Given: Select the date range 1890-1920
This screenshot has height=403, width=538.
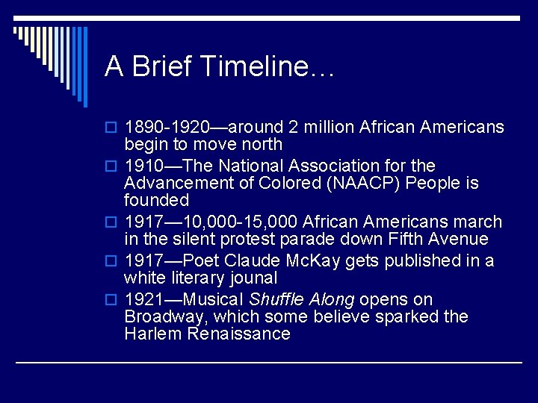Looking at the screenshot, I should (x=167, y=128).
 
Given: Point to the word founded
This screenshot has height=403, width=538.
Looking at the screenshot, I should (x=157, y=201).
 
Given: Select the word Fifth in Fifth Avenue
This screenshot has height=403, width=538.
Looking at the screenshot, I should (x=406, y=240).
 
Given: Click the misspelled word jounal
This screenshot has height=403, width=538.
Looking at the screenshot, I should (x=252, y=278).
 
